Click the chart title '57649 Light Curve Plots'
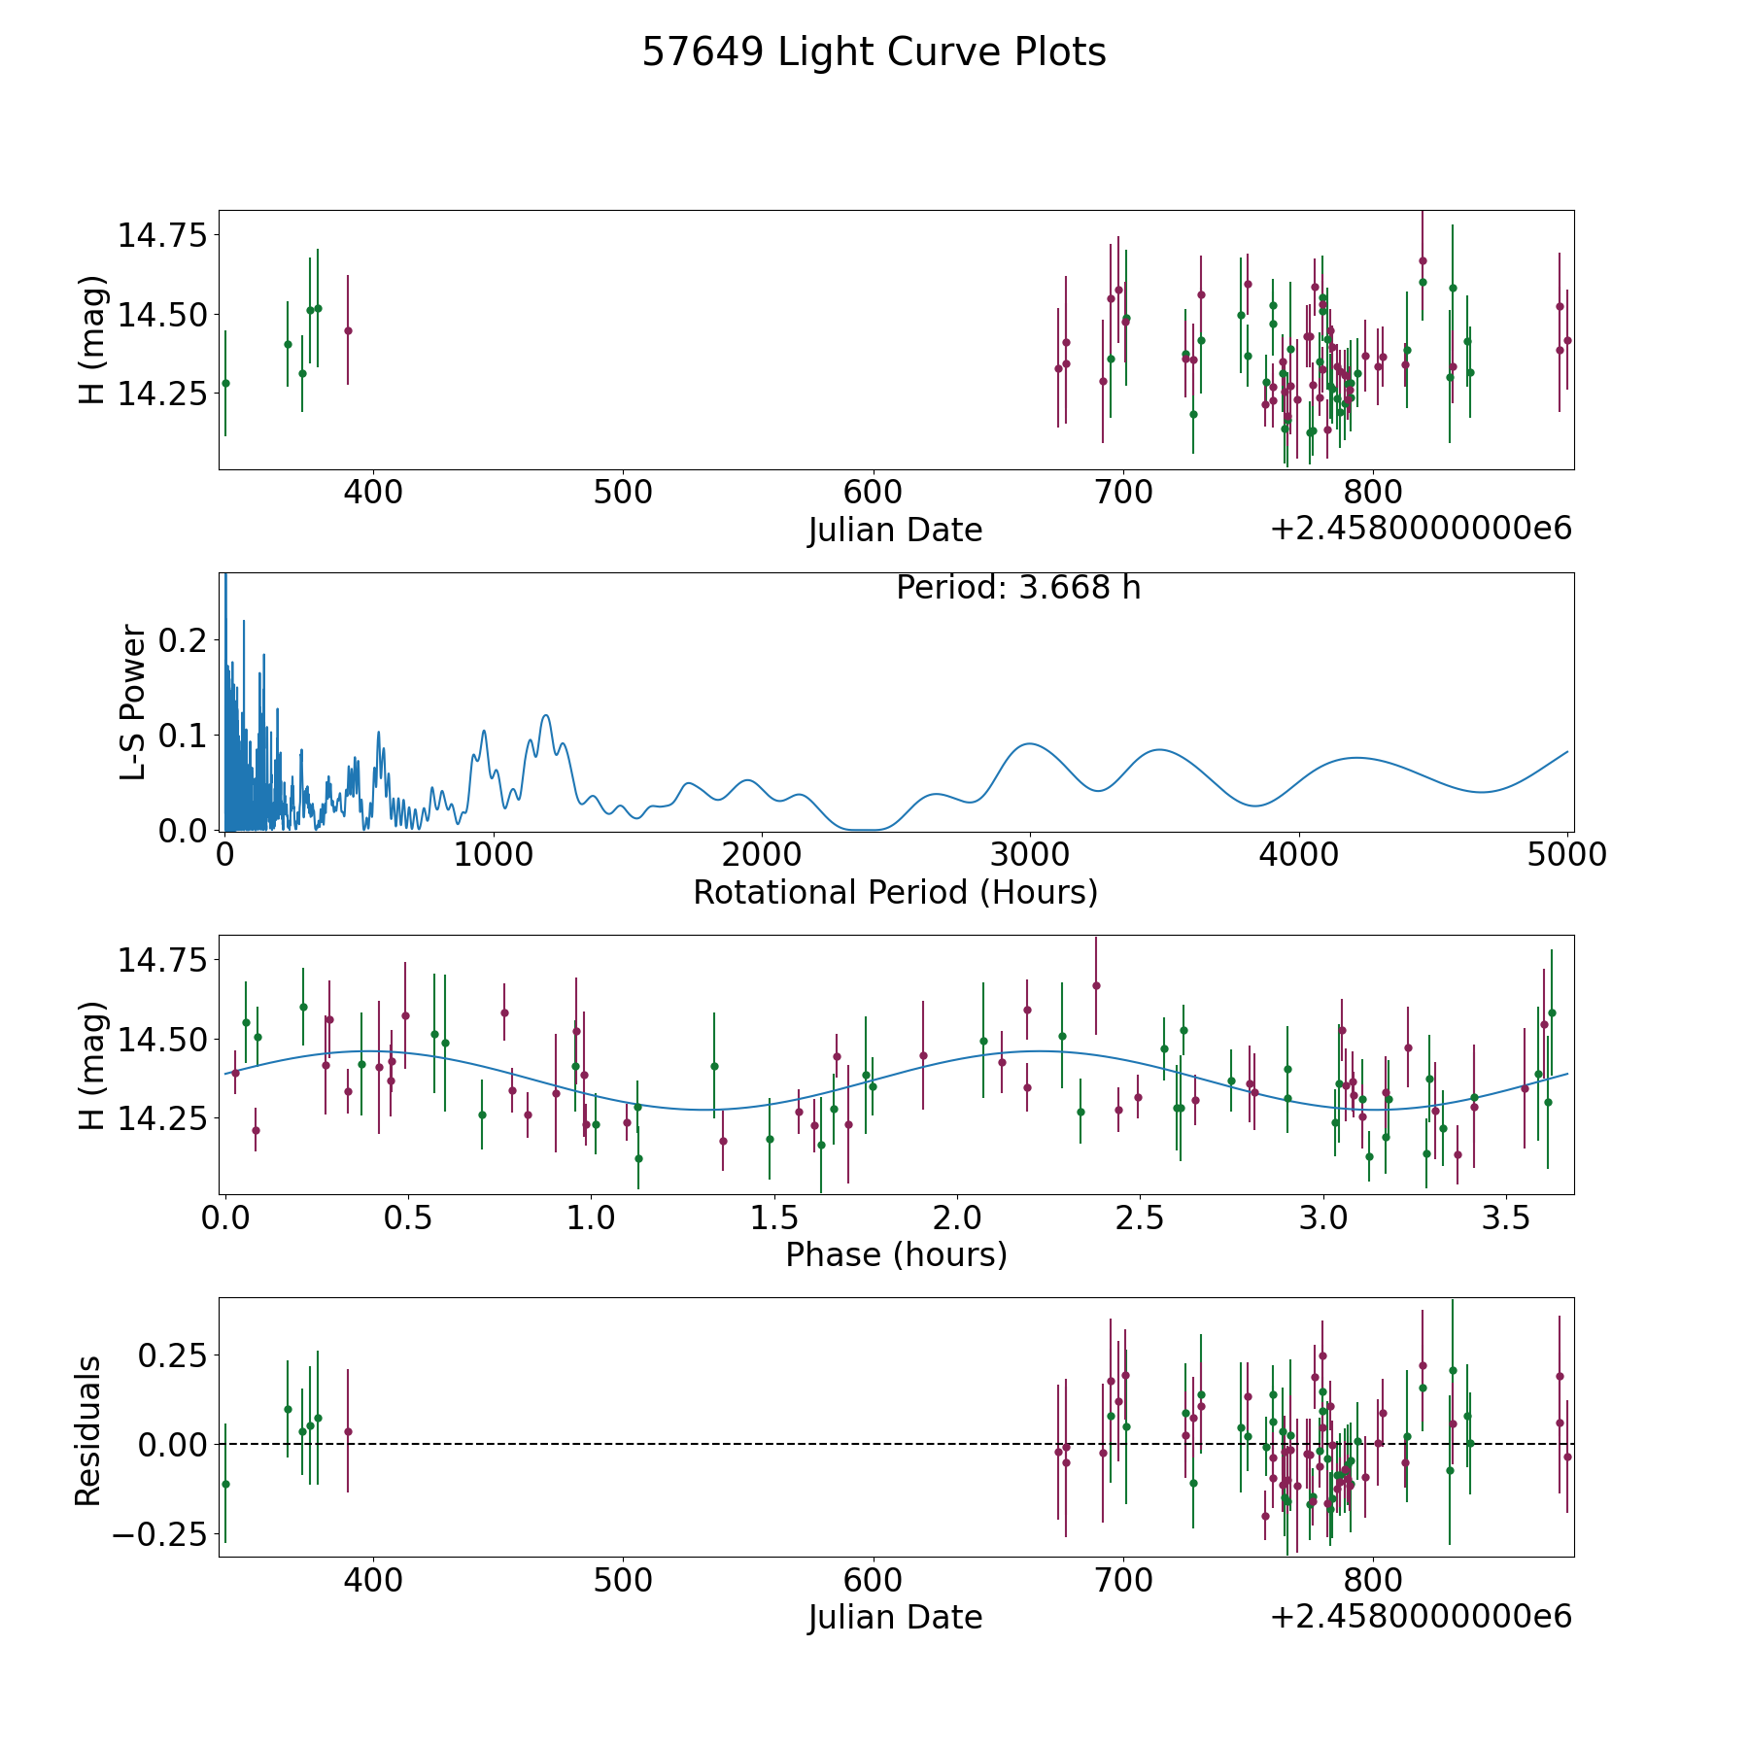(874, 52)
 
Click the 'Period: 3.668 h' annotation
(1018, 588)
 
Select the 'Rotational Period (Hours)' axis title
(895, 892)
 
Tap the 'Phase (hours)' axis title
(896, 1254)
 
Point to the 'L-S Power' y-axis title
(134, 702)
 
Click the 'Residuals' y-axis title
(88, 1431)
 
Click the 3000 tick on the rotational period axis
(1029, 855)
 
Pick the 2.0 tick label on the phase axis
(957, 1217)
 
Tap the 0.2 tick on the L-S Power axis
(183, 639)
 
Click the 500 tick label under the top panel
(623, 493)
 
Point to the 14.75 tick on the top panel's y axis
(162, 235)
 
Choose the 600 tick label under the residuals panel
(873, 1580)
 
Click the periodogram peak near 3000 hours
(1028, 743)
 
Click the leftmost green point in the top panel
(225, 383)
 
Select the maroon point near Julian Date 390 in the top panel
(348, 330)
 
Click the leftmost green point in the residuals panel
(225, 1484)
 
